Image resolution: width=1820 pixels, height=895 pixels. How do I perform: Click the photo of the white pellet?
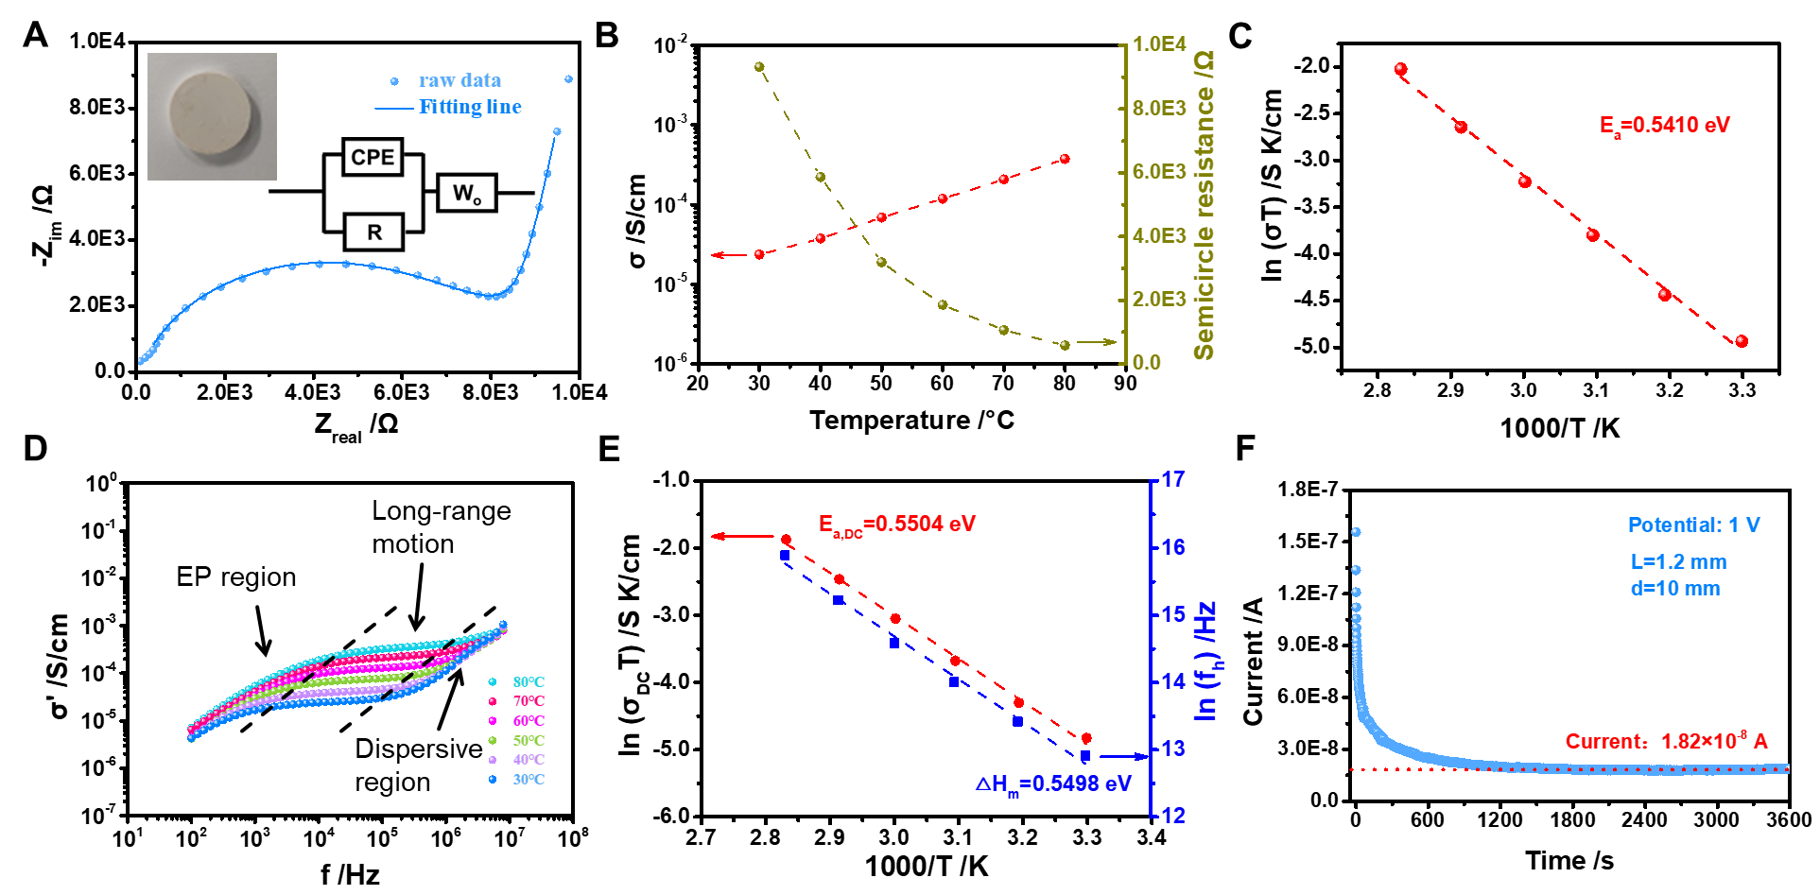(212, 116)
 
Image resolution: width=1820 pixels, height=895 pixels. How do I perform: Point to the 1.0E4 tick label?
(1158, 44)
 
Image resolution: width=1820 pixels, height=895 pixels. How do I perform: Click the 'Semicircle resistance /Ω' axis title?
(1204, 205)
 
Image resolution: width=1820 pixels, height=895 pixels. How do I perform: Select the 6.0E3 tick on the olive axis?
(1159, 172)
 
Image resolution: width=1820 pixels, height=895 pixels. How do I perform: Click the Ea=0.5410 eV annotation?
(1664, 126)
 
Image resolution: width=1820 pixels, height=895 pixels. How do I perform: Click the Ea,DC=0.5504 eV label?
(896, 525)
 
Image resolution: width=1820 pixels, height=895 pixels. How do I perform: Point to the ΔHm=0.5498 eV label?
(1053, 784)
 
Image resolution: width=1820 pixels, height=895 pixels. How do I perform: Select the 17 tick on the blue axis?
(1173, 480)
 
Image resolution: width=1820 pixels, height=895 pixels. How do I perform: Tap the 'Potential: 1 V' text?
(1693, 525)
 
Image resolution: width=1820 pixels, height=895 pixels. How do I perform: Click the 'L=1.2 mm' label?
(1678, 562)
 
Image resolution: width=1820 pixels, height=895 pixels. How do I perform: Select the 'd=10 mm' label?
(1675, 589)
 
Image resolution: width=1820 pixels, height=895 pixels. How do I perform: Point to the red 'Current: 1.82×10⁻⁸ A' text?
(1666, 742)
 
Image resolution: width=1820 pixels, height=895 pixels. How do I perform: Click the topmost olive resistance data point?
(759, 67)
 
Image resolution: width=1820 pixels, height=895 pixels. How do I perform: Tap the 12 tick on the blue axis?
(1173, 816)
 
